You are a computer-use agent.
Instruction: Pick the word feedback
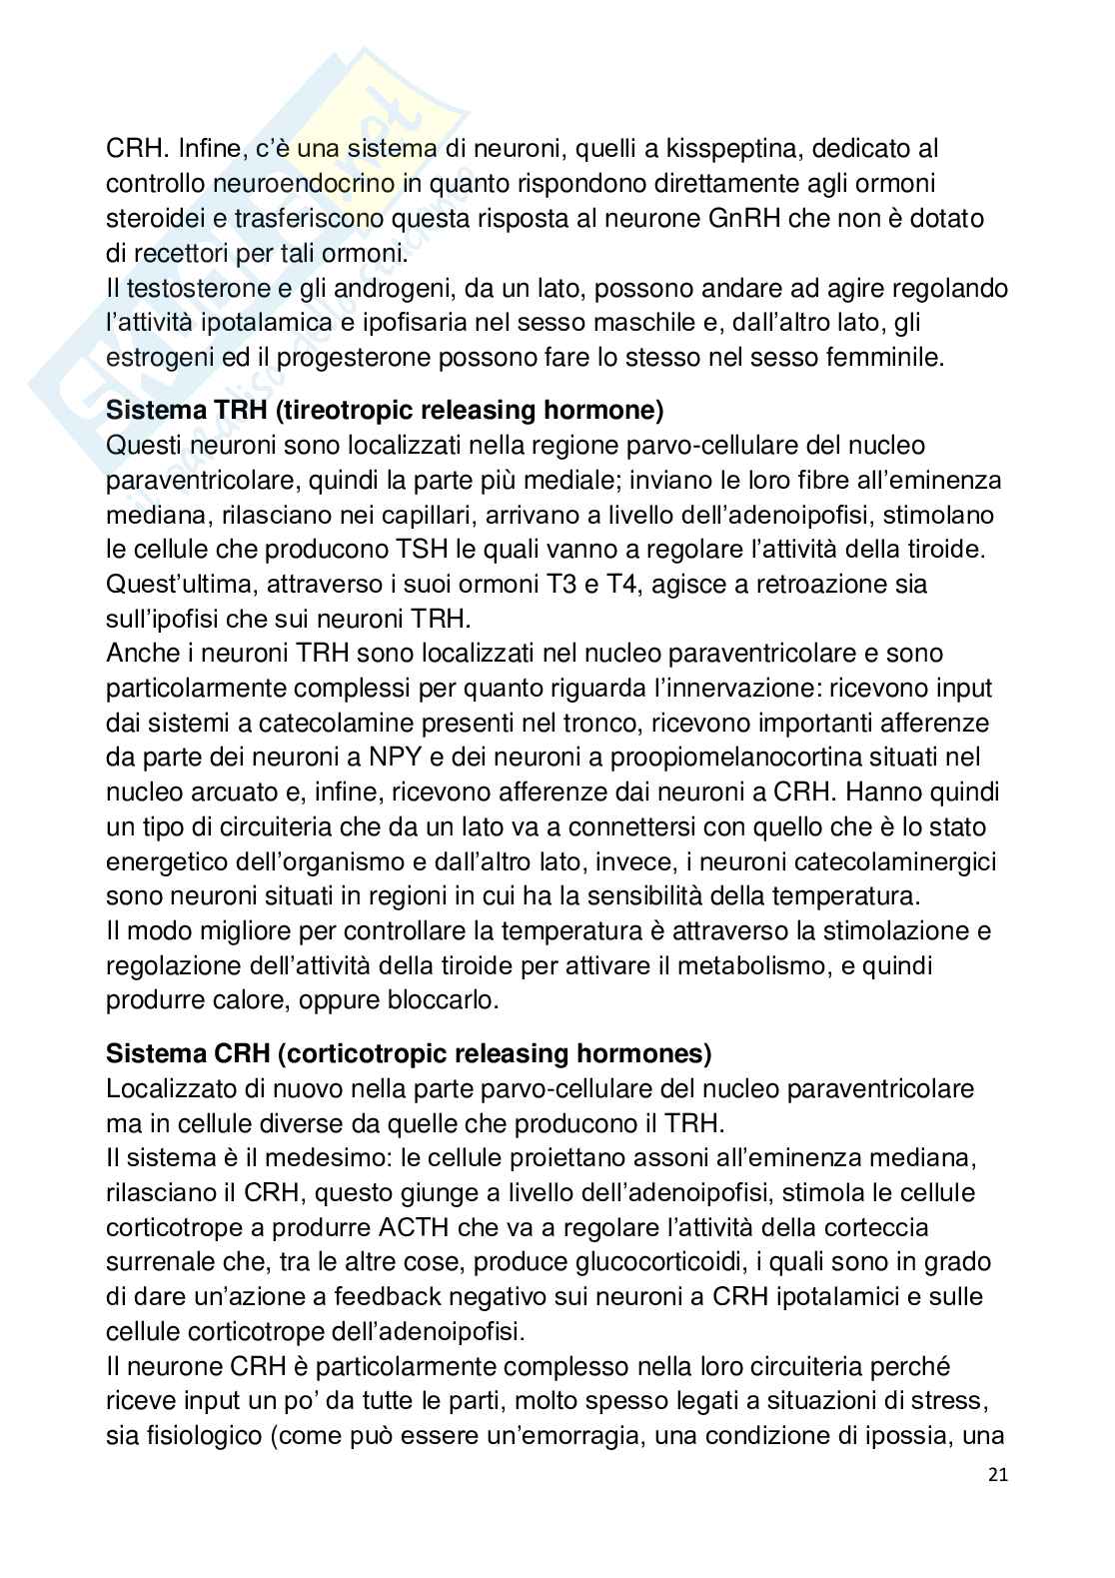pos(402,1296)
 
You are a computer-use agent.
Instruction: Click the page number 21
pos(996,1475)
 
